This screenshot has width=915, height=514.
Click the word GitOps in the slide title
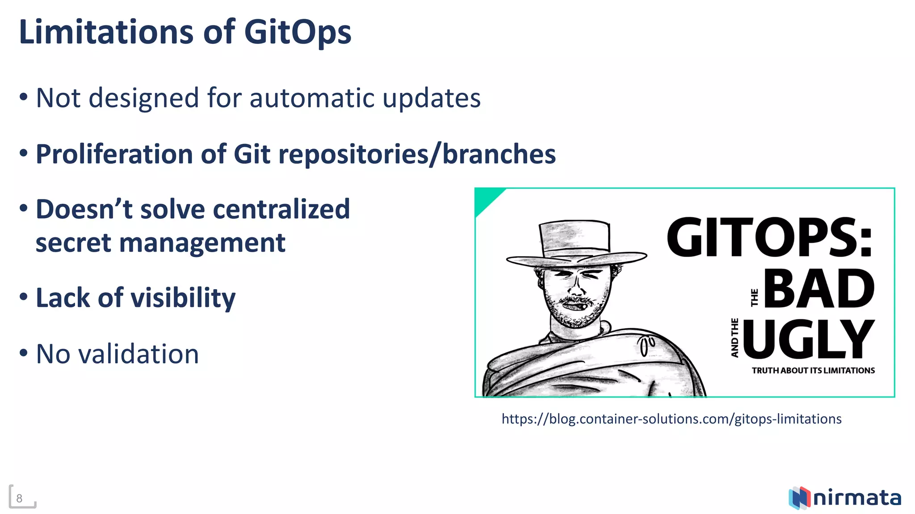point(298,33)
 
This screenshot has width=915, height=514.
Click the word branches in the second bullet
point(499,154)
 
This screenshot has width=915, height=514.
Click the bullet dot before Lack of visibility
point(24,297)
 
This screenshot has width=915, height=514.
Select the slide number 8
point(19,498)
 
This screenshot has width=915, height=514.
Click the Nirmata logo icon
point(799,497)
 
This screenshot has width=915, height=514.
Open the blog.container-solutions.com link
point(672,419)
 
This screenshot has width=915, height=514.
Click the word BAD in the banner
point(819,289)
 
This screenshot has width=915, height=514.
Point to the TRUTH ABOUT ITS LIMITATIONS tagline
point(813,371)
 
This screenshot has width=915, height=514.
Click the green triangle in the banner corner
point(486,199)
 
